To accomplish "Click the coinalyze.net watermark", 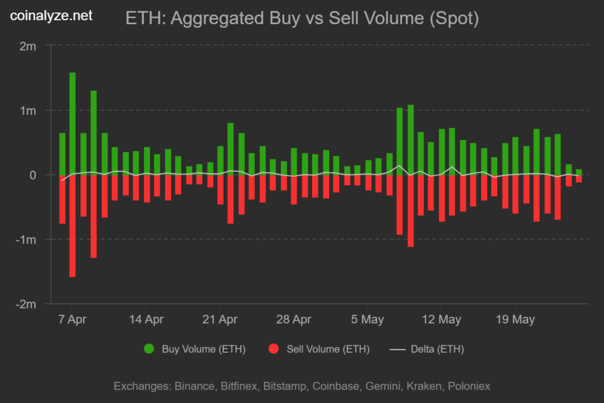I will [52, 16].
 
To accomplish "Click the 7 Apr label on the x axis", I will [73, 320].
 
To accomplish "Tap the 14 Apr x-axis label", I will [146, 320].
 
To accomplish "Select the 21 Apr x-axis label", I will [219, 320].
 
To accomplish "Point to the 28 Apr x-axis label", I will [293, 320].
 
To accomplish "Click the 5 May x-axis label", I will [367, 320].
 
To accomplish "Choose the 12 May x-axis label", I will [441, 320].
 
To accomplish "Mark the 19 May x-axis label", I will [514, 320].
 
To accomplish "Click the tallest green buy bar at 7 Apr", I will [73, 124].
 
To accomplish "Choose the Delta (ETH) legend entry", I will [428, 349].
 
